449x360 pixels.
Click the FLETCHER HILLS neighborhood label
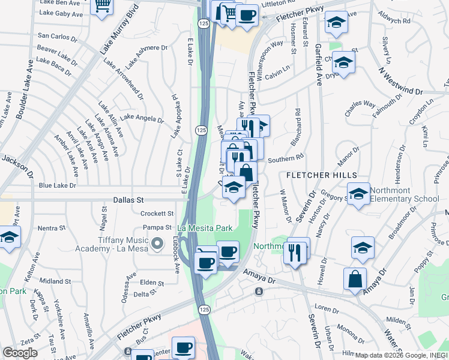[321, 175]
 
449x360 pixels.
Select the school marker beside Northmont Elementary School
[358, 194]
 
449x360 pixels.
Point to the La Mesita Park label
[205, 228]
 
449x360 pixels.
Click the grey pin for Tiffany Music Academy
[158, 243]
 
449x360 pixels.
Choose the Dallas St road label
[128, 199]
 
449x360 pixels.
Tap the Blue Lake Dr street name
[58, 186]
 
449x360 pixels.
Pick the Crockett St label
[157, 213]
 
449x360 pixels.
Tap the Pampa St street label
[157, 227]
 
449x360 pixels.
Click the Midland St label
[56, 281]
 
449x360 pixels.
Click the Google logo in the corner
[20, 352]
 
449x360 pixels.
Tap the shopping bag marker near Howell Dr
[355, 279]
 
